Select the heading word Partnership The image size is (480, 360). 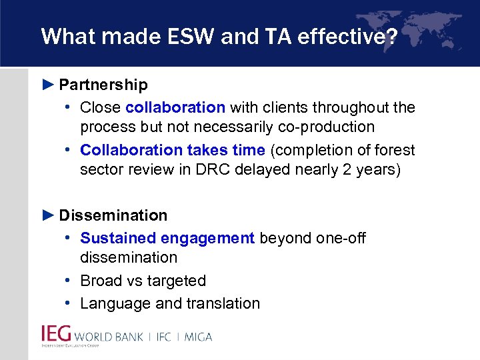tap(103, 85)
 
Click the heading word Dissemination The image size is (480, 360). tap(113, 215)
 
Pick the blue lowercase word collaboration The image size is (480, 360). tap(175, 107)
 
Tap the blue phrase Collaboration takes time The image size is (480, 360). tap(173, 151)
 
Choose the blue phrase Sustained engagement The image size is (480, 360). tap(167, 238)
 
